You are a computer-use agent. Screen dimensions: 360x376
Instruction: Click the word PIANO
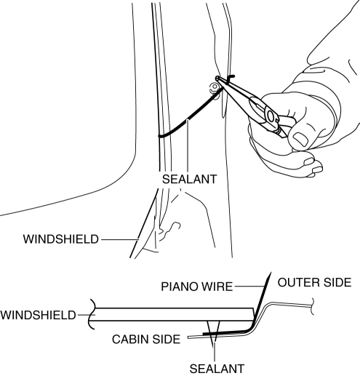177,287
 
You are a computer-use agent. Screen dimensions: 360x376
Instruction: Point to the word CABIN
129,339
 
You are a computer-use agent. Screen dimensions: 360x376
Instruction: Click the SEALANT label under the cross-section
217,369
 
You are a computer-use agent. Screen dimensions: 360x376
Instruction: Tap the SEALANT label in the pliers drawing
189,180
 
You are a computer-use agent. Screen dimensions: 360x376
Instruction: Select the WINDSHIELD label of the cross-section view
38,315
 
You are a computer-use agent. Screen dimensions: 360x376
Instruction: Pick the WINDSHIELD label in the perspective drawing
61,239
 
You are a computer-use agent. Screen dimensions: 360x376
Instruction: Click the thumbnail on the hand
300,139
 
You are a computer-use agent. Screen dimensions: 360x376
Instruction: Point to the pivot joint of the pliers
271,116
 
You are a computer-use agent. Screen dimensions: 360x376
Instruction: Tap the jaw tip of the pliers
217,78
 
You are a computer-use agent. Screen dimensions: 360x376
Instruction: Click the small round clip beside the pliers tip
215,87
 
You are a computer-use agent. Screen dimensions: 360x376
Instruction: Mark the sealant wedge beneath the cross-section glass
213,329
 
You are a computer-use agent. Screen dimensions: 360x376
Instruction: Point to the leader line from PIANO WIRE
249,287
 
